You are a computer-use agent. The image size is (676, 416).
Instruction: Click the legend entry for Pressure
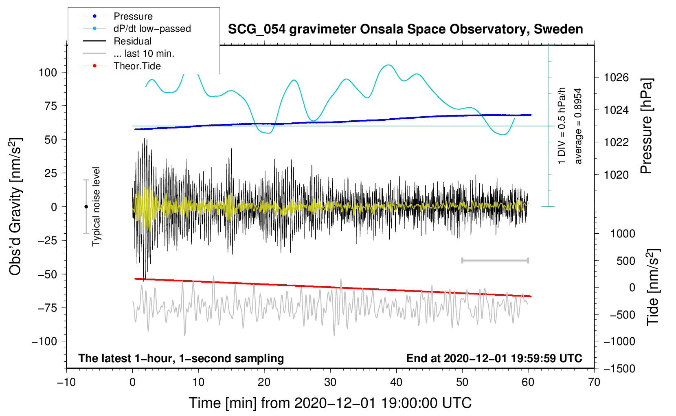coord(118,16)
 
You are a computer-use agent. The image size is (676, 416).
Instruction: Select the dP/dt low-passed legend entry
coord(137,29)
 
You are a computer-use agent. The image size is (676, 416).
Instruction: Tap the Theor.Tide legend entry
coord(122,66)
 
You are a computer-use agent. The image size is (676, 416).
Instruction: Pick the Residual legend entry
coord(117,41)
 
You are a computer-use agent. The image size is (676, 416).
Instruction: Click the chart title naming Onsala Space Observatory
coord(405,29)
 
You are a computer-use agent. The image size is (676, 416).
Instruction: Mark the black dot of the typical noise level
coord(86,207)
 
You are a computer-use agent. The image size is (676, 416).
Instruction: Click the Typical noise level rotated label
coord(96,207)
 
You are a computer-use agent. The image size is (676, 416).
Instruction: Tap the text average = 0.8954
coord(577,126)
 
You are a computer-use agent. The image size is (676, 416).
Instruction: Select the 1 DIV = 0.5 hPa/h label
coord(561,126)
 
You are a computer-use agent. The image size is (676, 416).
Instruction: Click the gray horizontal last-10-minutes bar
coord(495,260)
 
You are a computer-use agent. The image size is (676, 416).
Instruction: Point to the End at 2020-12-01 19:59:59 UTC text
coord(494,358)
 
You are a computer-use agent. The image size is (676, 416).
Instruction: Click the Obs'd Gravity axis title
coord(15,206)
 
